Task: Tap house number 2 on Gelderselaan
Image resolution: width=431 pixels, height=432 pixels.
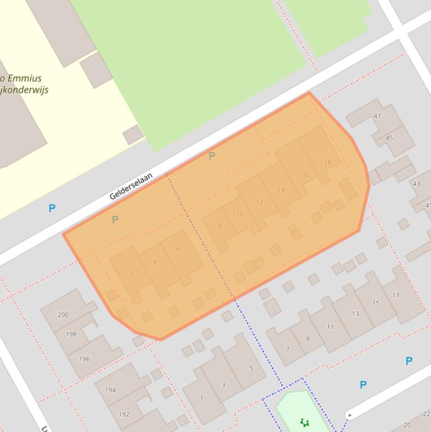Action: point(132,274)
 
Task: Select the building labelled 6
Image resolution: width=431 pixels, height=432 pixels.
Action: point(178,249)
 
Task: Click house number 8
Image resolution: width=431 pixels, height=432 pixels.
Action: point(220,226)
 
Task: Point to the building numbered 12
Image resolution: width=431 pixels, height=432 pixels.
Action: point(259,202)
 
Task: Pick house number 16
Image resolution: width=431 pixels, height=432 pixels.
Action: point(305,175)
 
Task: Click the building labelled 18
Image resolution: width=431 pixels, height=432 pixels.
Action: point(327,163)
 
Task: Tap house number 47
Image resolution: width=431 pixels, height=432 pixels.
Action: point(377,116)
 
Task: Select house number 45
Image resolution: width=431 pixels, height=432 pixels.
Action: point(390,138)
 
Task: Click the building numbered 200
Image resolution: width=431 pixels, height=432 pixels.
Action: point(63,315)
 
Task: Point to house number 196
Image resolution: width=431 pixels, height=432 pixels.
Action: point(84,359)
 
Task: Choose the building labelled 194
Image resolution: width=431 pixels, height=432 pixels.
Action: point(110,390)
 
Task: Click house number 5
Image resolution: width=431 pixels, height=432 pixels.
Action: point(251,368)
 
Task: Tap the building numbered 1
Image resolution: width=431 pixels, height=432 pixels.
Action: point(202,398)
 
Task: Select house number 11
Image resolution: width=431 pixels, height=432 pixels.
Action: point(330,327)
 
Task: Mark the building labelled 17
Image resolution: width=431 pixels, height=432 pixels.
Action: point(396,295)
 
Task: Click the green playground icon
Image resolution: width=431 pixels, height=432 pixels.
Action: point(304,422)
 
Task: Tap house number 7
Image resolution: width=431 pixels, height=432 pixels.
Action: point(288,349)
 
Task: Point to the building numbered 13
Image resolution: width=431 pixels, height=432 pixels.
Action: point(355,314)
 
